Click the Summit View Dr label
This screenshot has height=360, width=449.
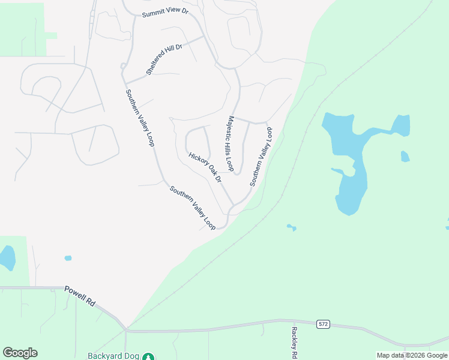pos(165,14)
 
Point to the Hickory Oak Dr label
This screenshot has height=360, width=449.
pos(205,167)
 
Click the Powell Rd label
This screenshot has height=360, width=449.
pos(79,296)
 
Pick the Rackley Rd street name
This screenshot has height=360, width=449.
pos(294,343)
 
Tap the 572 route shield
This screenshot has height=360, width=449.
pos(324,324)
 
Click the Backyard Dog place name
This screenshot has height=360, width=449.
pos(113,355)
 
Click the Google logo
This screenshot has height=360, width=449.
pos(20,353)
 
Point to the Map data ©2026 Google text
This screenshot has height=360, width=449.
pos(412,355)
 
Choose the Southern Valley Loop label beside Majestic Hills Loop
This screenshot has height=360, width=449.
pos(261,157)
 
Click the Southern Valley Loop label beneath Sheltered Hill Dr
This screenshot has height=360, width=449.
pos(140,118)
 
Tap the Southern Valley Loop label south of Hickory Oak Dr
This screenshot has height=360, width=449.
pos(192,208)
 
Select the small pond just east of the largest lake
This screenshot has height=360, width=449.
pos(405,157)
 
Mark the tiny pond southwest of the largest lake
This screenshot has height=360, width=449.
pos(291,227)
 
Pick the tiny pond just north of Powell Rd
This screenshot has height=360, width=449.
pos(68,258)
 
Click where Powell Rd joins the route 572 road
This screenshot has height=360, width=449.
pos(126,329)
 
